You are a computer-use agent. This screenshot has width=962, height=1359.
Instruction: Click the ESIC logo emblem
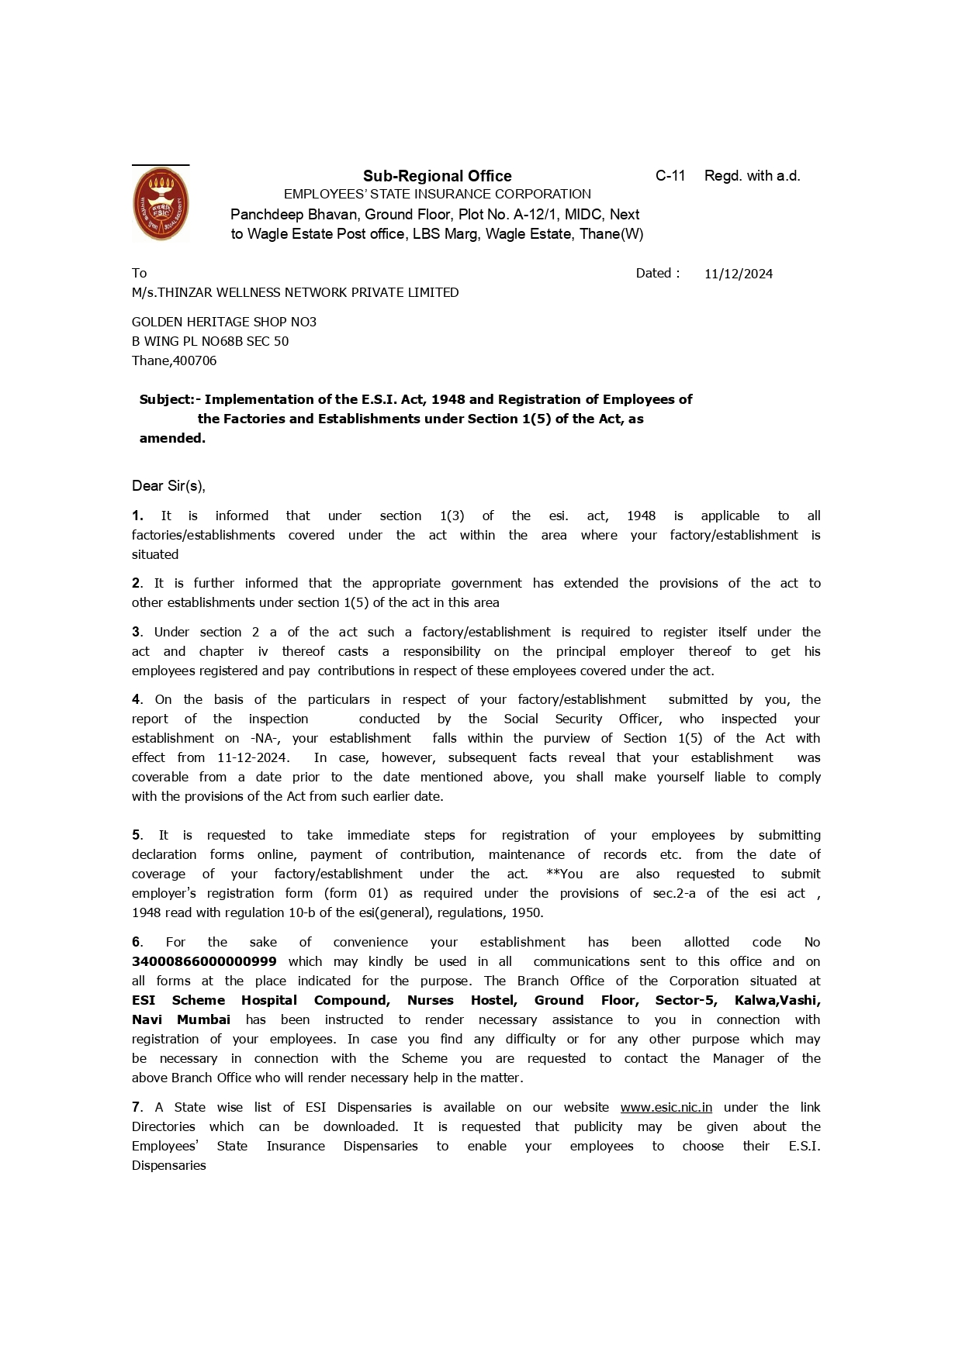click(x=161, y=205)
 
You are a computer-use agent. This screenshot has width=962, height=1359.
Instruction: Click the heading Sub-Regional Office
click(x=437, y=176)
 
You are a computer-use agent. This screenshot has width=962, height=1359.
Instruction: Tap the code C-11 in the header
click(x=670, y=176)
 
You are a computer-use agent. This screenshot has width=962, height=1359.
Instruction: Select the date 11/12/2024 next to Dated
click(x=738, y=274)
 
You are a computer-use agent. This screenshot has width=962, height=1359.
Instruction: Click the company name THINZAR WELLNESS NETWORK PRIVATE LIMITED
click(x=308, y=292)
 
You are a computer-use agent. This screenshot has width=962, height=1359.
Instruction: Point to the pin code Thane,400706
click(x=174, y=360)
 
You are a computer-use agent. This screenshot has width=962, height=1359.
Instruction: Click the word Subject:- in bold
click(x=170, y=399)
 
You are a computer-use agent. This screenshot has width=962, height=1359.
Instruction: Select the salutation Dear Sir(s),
click(x=168, y=486)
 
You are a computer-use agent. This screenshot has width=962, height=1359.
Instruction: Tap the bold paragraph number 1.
click(x=137, y=516)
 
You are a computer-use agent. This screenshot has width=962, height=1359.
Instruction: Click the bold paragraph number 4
click(x=137, y=699)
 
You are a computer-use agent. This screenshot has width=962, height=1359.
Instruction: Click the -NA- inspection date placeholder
click(x=265, y=738)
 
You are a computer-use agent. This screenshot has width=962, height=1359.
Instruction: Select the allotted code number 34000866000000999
click(x=204, y=961)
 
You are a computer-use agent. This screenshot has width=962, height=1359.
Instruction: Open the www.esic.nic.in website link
click(x=666, y=1107)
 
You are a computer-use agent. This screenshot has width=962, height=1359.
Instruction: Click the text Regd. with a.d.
click(x=752, y=176)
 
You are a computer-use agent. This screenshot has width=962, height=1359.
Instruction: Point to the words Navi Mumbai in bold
click(x=181, y=1019)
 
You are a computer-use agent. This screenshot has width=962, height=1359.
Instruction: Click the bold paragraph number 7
click(x=137, y=1107)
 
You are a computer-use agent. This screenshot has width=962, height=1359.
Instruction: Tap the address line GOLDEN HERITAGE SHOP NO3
click(x=224, y=322)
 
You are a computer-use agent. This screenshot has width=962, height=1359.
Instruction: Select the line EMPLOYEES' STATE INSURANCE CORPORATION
click(x=437, y=194)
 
